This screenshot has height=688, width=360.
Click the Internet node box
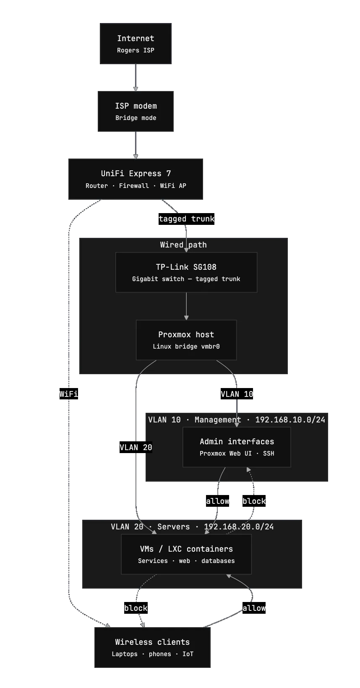pos(136,44)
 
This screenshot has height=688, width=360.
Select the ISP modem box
pos(136,112)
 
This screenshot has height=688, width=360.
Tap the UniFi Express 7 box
pos(136,179)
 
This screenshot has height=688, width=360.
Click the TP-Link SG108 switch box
pos(186,272)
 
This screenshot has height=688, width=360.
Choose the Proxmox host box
pos(186,340)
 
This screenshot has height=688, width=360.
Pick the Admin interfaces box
pos(237,447)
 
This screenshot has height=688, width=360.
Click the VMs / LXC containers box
pos(186,554)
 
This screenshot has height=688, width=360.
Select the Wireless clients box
pos(152,647)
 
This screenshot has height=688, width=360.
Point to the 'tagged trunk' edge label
pos(186,219)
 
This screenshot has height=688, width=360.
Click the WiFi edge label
pos(68,394)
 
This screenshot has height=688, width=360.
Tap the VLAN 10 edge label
pos(237,394)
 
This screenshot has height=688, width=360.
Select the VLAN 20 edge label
pos(136,447)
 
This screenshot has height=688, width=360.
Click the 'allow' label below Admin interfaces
pos(218,501)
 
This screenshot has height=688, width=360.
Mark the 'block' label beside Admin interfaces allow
pos(254,501)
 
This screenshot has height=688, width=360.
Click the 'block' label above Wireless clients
pos(136,608)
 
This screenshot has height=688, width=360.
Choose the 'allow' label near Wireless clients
pos(254,608)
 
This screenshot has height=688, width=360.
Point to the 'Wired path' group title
pos(183,245)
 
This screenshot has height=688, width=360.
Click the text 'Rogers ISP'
pos(136,50)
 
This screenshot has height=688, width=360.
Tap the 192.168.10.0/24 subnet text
pos(290,420)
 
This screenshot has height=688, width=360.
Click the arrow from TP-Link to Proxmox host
pos(186,306)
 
